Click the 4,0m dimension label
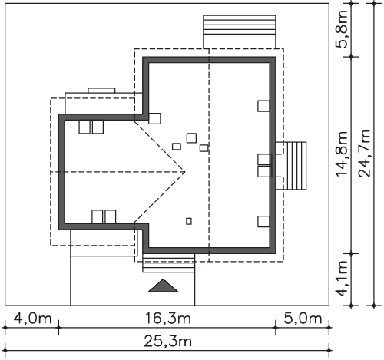pos(32,319)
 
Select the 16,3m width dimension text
pos(168,319)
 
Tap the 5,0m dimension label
pos(303,319)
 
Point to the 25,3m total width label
pos(168,342)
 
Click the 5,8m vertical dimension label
pos(342,28)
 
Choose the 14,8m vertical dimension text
pos(342,154)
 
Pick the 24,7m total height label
pos(365,154)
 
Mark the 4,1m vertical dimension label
pos(342,278)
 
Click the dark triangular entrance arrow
pos(163,286)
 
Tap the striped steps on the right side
pos(297,166)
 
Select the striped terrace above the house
pos(240,25)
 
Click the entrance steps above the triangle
pos(168,263)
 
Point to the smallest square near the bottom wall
pos(189,221)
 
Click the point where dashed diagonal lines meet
pos(185,171)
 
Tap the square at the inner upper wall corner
pos(154,119)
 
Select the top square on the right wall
pos(263,106)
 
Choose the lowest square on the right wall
pos(263,221)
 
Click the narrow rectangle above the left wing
pos(101,91)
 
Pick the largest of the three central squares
pos(191,138)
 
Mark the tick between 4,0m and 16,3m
pos(58,328)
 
